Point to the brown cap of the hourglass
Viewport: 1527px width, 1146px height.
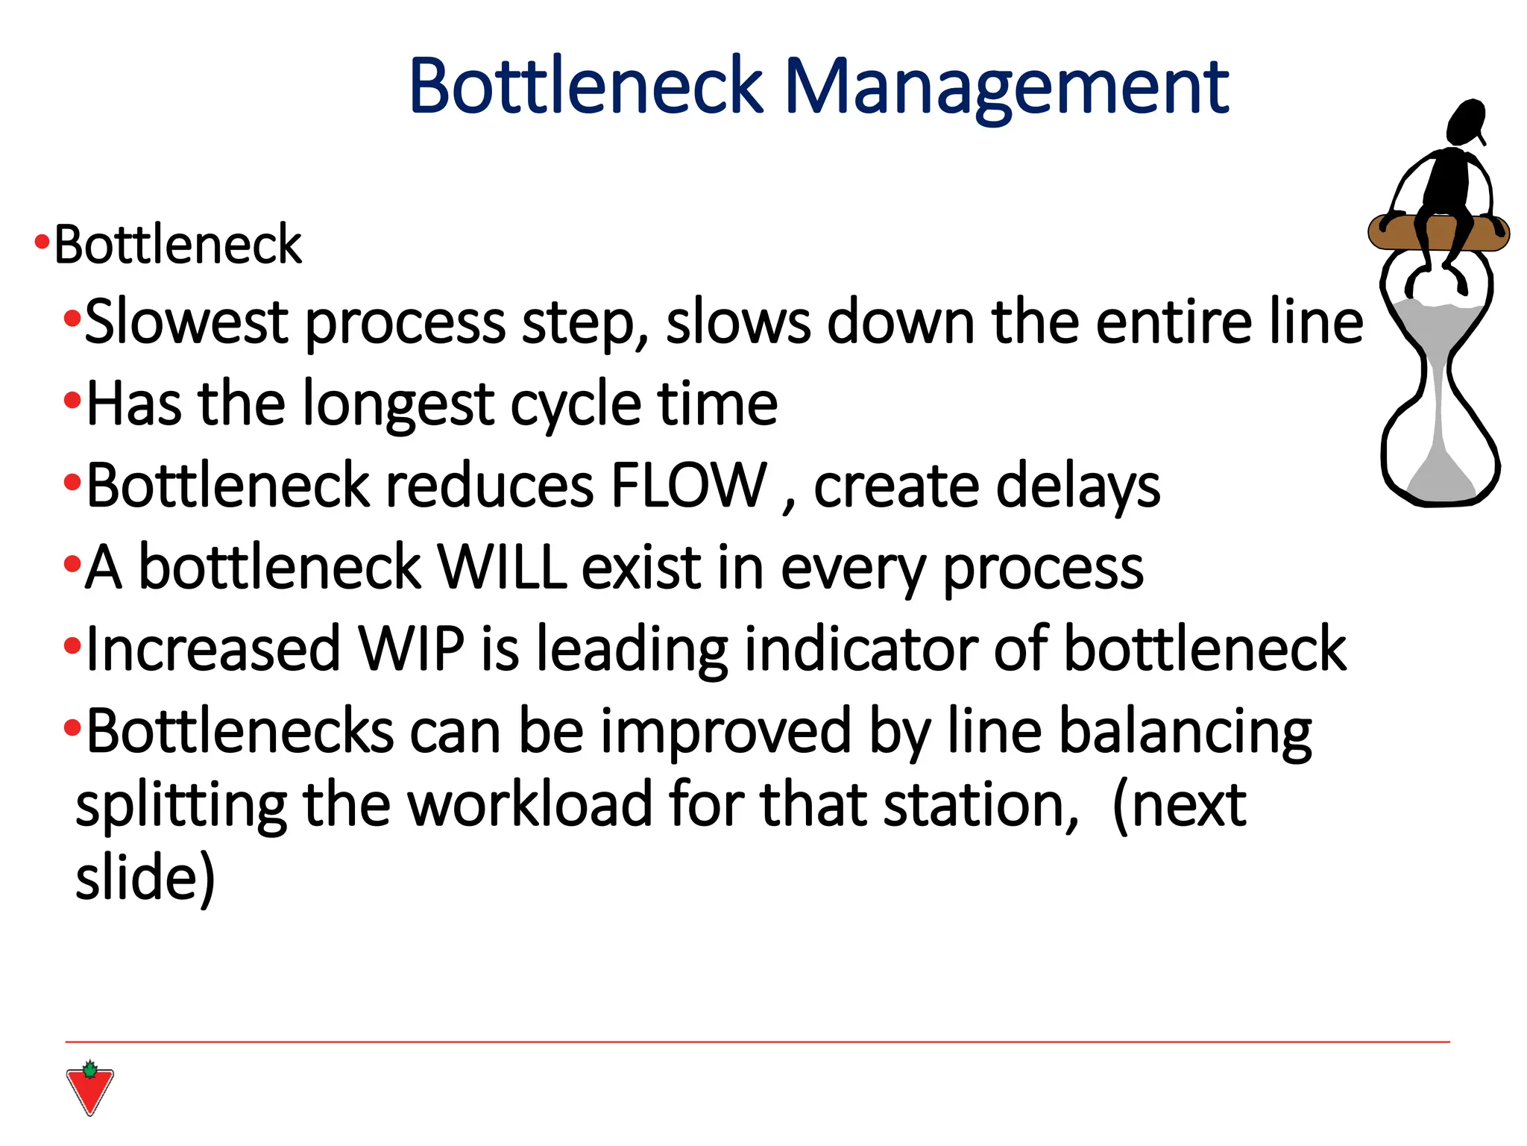click(1438, 233)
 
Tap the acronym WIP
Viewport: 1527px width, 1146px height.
click(412, 648)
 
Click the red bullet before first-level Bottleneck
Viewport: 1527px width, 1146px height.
click(42, 242)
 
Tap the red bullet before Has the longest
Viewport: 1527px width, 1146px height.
click(72, 401)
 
